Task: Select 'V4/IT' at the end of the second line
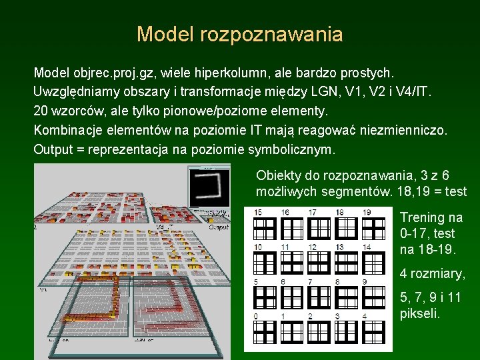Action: (415, 91)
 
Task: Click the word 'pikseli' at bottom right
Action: (420, 313)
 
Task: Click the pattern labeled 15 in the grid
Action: (264, 228)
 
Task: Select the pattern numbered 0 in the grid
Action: (264, 332)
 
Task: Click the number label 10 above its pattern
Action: (258, 247)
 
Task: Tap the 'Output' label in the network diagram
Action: (219, 227)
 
